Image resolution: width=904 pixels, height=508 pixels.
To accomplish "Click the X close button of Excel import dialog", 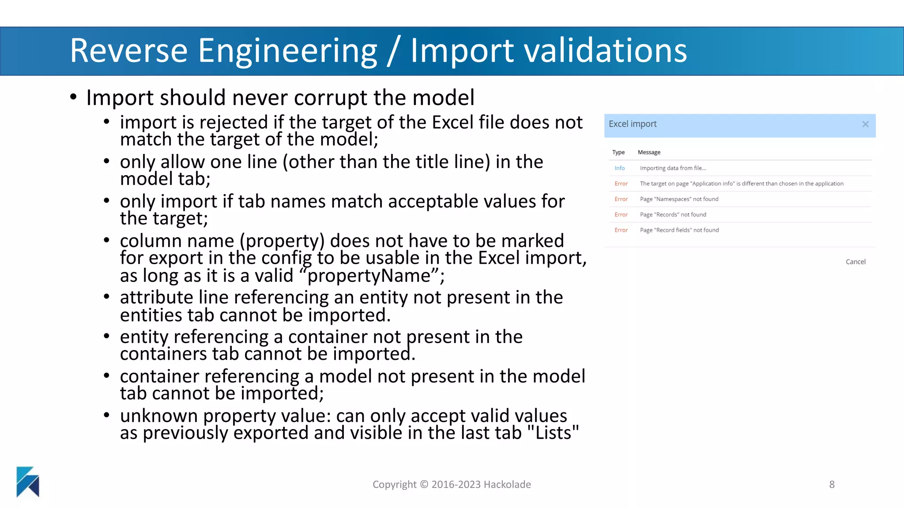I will click(865, 124).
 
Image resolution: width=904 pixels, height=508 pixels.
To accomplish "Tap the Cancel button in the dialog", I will click(855, 262).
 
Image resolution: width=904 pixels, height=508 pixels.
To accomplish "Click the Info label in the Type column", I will click(619, 168).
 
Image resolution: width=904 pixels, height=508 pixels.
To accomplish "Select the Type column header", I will click(618, 152).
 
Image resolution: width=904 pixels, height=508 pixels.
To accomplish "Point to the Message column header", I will click(649, 152).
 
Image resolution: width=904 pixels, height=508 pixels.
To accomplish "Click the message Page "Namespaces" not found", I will click(679, 199).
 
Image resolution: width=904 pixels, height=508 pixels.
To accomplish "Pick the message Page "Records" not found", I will click(673, 215).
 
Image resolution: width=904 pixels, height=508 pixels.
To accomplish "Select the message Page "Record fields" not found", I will click(679, 230).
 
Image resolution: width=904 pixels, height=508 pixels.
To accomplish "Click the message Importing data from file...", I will click(673, 168).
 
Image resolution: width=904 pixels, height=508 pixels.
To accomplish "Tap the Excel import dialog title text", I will click(633, 124).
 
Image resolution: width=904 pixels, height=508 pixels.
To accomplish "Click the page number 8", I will click(832, 485).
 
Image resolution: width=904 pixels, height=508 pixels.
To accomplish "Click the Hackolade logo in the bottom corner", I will click(28, 482).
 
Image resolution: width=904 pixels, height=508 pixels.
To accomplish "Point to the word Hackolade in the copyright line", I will click(507, 485).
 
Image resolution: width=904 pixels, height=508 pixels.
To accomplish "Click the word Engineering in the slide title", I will click(287, 51).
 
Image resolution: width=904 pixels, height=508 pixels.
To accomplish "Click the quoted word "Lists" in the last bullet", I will click(553, 433).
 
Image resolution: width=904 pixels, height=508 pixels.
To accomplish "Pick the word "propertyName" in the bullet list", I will click(369, 276).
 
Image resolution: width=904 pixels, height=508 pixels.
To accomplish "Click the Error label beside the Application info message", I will click(621, 184).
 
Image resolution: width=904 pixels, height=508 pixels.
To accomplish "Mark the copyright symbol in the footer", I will click(424, 485).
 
